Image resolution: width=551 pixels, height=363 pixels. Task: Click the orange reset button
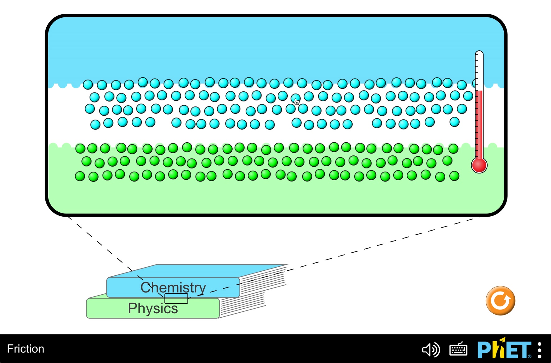pos(500,301)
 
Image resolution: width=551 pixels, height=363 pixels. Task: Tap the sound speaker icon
pos(431,350)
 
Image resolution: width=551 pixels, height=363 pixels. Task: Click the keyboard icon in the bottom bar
pos(458,349)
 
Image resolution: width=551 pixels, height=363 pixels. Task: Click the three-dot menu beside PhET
pos(540,350)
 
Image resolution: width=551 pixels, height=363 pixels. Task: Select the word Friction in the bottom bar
pos(25,349)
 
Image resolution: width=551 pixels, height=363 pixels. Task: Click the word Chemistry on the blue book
pos(173,287)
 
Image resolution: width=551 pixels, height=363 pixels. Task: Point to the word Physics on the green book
pos(153,308)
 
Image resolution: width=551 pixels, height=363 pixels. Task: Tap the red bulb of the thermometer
pos(479,165)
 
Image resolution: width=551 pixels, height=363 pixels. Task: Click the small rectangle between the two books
pos(176,298)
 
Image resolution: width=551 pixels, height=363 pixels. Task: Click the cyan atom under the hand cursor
pos(295,99)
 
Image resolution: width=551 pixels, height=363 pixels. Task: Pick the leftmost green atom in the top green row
pos(81,149)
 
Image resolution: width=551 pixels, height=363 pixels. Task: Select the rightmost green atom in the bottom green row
pos(454,176)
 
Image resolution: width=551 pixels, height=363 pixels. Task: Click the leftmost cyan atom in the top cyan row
pos(88,84)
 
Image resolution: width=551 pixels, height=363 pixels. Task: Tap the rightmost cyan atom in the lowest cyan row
pos(455,122)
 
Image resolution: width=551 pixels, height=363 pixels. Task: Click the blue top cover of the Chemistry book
pos(198,271)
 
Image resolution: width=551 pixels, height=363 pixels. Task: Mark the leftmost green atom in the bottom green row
pos(80,176)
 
